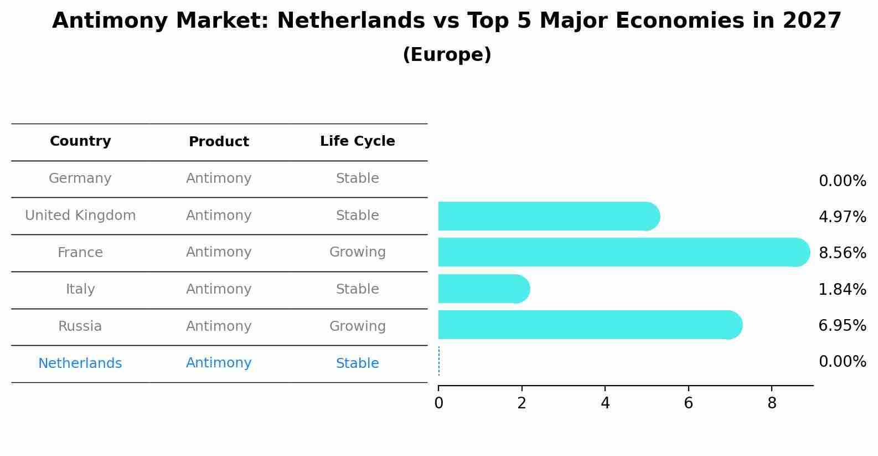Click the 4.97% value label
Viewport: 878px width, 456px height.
tap(842, 217)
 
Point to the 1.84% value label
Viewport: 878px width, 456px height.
tap(842, 289)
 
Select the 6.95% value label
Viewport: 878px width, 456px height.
tap(842, 325)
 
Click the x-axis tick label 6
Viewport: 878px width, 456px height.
tap(688, 403)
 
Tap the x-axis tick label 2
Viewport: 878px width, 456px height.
tap(521, 403)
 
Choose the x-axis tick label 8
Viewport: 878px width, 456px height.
tap(772, 403)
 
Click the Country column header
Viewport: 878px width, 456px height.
tap(80, 141)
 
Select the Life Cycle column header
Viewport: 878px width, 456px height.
tap(357, 141)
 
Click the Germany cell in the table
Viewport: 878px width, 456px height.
tap(80, 178)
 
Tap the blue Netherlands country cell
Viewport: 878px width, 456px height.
tap(80, 363)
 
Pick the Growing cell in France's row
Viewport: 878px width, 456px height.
tap(357, 252)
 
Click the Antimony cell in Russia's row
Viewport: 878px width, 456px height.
tap(219, 326)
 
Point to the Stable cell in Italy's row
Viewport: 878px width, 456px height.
tap(357, 289)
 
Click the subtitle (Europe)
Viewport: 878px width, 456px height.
tap(447, 55)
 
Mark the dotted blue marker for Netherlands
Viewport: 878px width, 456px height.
tap(439, 361)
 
